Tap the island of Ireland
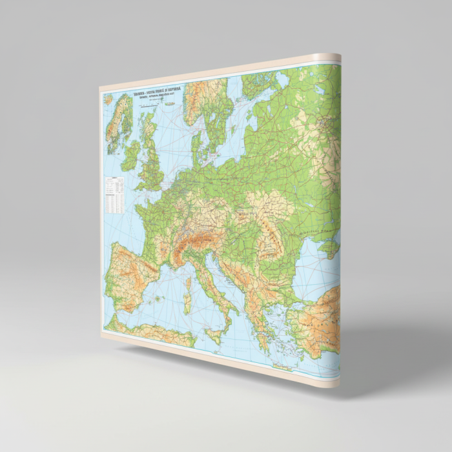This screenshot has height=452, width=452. [130, 156]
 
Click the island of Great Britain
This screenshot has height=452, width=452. [152, 161]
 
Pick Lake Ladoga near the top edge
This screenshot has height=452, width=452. [282, 79]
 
